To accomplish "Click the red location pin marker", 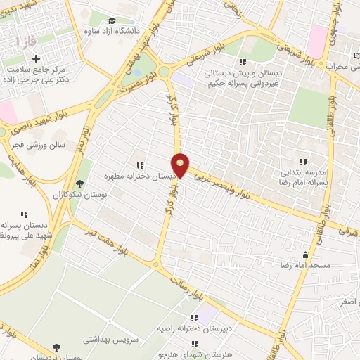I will pyautogui.click(x=181, y=166).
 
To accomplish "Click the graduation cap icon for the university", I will pyautogui.click(x=114, y=21).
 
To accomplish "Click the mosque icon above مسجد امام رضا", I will pyautogui.click(x=305, y=255).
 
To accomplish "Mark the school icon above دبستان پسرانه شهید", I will pyautogui.click(x=25, y=214).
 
